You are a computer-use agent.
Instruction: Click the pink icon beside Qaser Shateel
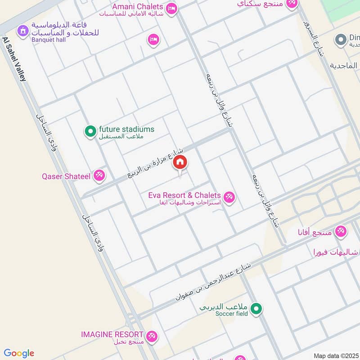coord(99,175)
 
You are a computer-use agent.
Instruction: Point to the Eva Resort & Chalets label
coord(184,195)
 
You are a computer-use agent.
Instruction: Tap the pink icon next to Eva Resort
coord(229,197)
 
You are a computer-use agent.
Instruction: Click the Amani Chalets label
coord(137,6)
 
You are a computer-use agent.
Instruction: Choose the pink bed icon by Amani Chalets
coord(171,8)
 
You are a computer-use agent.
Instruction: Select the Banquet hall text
coord(45,39)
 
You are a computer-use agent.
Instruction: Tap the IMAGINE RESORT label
coord(112,334)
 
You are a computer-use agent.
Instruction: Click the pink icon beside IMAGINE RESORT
coord(152,336)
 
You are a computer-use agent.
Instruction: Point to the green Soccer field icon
coord(256,309)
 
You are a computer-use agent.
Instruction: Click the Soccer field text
coord(231,314)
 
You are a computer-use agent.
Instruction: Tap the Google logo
coord(19,353)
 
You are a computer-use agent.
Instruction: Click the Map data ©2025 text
coord(336,355)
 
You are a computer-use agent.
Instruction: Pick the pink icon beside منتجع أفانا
coord(341,231)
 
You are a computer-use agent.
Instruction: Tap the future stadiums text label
coord(126,129)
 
